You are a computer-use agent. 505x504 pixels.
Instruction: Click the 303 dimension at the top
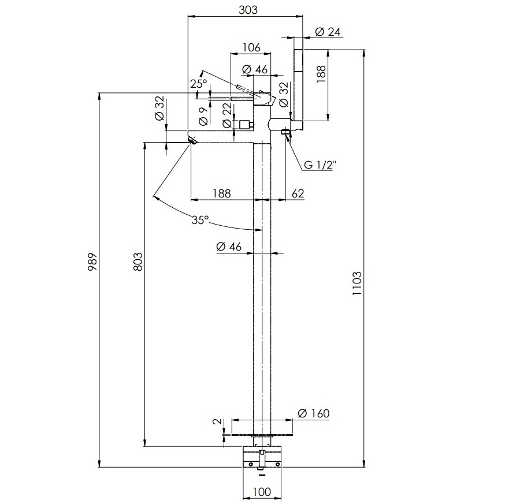248,10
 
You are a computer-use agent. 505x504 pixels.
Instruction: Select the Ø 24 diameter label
328,32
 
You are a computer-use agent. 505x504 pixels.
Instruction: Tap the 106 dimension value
251,48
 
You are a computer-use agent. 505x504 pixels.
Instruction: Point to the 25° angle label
198,84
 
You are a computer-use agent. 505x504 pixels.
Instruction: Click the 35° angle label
200,220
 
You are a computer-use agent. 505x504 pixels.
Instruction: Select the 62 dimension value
298,193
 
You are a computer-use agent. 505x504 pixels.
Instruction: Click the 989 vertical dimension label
92,262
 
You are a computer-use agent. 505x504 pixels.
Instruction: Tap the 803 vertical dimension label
138,262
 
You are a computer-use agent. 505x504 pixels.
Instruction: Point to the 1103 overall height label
357,283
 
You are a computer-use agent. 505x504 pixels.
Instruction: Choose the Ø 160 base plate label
313,413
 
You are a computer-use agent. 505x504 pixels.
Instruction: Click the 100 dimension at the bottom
262,492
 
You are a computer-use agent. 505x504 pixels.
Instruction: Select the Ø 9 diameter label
203,116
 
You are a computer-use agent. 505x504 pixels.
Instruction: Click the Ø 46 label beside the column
229,247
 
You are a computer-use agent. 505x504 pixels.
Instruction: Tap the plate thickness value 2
218,421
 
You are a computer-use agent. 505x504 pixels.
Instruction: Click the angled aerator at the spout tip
192,140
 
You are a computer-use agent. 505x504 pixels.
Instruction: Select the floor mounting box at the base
262,457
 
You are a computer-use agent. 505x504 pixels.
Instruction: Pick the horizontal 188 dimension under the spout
221,193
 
